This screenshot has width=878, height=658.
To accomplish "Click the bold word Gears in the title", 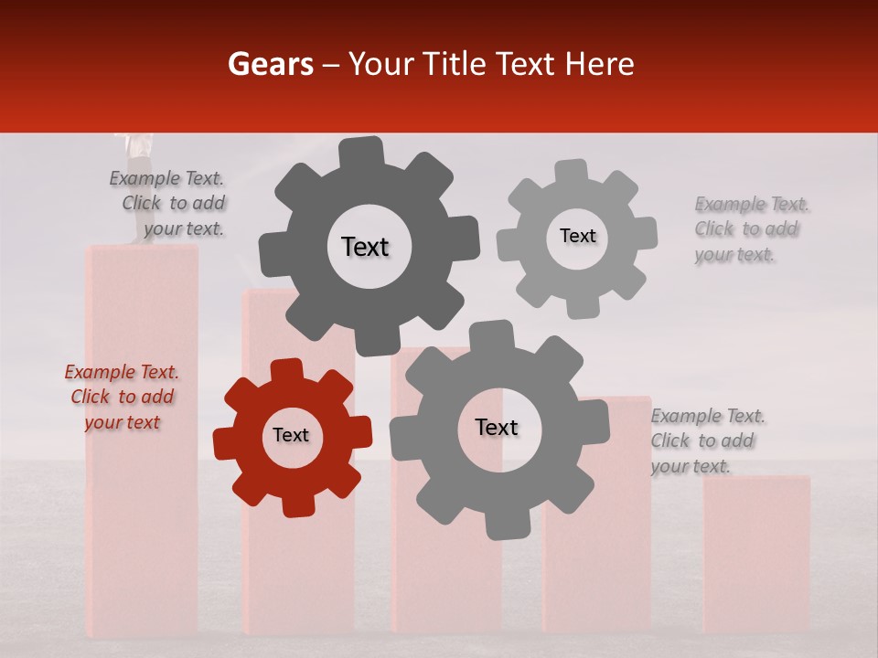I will tap(270, 64).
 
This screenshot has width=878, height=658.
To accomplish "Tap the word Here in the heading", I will tap(600, 64).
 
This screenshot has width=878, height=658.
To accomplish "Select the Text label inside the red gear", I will tap(291, 436).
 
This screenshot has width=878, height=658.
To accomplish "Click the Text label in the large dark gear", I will tap(365, 247).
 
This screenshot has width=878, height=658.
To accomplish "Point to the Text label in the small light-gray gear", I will tap(577, 236).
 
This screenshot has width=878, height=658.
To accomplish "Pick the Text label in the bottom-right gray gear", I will tap(497, 428).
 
